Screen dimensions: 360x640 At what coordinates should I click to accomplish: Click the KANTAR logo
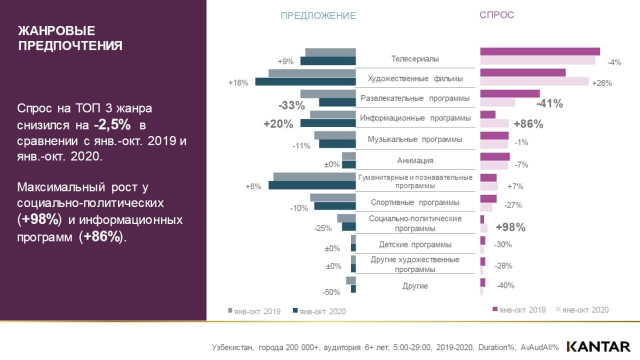[598, 346]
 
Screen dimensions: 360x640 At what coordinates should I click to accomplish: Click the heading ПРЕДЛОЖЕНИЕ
[318, 15]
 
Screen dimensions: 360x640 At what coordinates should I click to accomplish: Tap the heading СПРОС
[496, 15]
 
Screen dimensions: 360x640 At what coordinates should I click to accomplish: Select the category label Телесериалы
[415, 59]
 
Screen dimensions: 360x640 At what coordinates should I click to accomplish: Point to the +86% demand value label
[528, 124]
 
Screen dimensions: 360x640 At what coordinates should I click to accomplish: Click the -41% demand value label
[549, 104]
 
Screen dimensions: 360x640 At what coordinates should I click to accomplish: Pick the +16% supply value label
[238, 83]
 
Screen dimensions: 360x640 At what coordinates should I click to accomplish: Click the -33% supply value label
[291, 105]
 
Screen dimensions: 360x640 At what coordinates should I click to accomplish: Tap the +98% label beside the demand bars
[510, 227]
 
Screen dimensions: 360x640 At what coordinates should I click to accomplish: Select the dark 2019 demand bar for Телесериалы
[539, 51]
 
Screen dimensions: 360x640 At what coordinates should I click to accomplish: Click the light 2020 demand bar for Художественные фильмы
[534, 81]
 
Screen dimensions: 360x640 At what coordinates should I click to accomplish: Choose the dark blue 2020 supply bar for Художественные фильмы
[305, 81]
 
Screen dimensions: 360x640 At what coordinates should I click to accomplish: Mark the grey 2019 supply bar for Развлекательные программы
[327, 93]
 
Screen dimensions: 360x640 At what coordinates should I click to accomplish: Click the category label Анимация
[415, 160]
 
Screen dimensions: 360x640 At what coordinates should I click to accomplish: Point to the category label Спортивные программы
[415, 202]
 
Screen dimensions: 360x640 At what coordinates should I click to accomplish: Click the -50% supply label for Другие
[331, 292]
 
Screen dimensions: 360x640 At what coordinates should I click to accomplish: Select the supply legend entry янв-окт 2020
[320, 311]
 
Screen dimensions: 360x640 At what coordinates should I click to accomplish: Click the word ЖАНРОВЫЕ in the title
[56, 31]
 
